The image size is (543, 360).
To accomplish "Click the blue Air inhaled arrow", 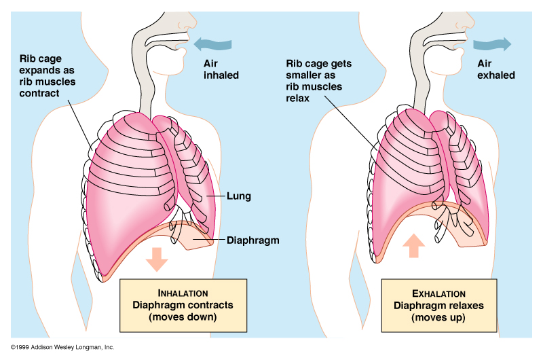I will click(211, 45).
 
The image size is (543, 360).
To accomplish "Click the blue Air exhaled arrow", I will click(491, 45).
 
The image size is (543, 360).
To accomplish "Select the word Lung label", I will click(240, 196).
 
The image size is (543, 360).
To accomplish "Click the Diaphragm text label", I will click(252, 240).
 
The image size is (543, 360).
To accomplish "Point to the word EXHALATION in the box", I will click(438, 293).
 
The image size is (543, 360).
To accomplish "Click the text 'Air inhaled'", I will click(221, 69).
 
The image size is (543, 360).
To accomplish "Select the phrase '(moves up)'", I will click(438, 317).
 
